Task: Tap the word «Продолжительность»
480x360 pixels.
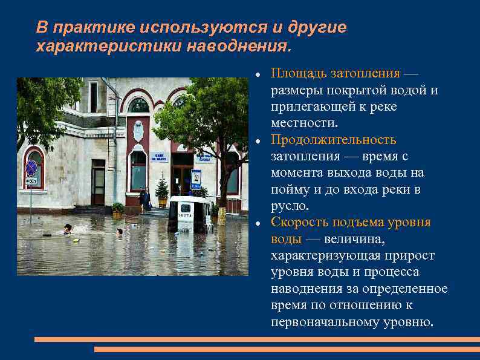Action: point(333,140)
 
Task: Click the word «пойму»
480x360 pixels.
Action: point(290,189)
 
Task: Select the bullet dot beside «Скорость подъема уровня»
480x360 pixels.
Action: point(258,223)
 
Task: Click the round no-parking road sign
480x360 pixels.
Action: point(31,168)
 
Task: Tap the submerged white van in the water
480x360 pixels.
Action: point(189,215)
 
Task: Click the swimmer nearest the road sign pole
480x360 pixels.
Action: point(68,229)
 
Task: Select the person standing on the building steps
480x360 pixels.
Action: point(145,199)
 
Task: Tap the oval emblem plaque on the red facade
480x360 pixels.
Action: point(138,131)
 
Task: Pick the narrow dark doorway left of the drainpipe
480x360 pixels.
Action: point(98,182)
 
